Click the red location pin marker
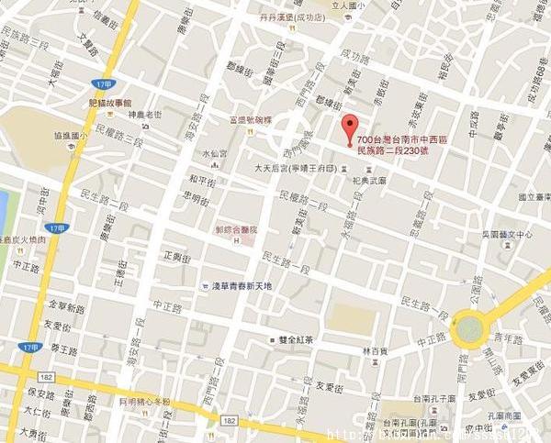click(x=348, y=128)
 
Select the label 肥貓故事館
click(x=109, y=104)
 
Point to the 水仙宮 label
click(x=216, y=153)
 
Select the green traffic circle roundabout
click(x=470, y=328)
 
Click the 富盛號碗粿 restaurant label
click(x=251, y=119)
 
